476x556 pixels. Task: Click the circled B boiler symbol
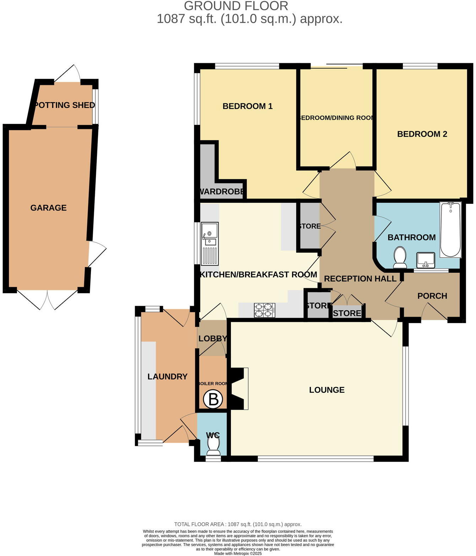[213, 399]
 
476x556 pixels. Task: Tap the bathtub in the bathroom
[450, 230]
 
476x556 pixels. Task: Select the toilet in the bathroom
[400, 258]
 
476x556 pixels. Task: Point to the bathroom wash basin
[426, 260]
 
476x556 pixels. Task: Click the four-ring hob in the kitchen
[265, 310]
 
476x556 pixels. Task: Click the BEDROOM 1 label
[247, 106]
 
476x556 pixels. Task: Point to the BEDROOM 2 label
[422, 134]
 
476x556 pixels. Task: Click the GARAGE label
[48, 208]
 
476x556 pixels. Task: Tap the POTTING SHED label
[65, 105]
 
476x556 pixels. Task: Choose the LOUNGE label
[326, 390]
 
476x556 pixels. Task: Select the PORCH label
[432, 296]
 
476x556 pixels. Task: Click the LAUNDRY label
[167, 376]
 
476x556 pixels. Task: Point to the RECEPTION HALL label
[360, 279]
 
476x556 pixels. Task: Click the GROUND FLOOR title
[236, 6]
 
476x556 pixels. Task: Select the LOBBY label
[212, 338]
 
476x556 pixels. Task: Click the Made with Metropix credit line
[238, 553]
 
